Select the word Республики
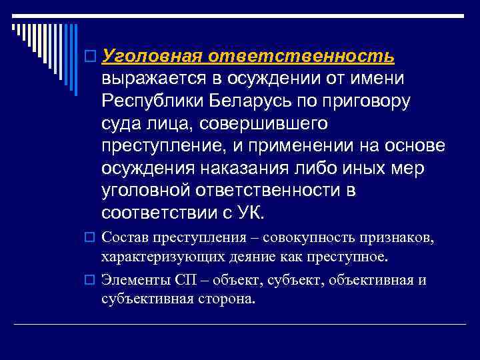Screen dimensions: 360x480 point(149,101)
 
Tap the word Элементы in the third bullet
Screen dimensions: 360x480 point(129,280)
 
